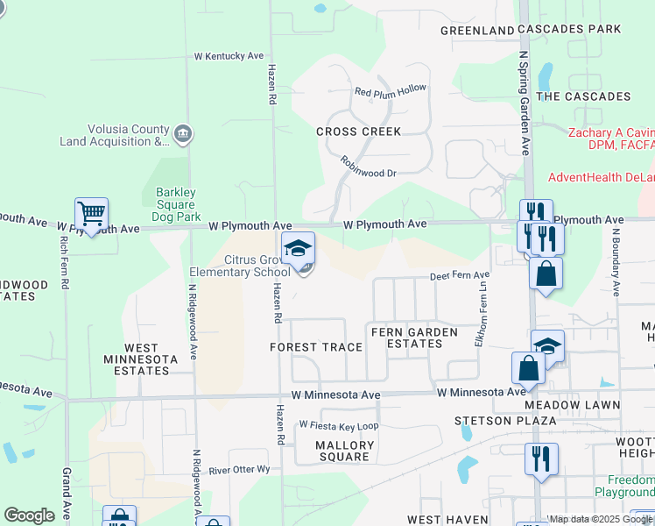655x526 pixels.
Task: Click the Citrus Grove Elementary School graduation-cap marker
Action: tap(299, 248)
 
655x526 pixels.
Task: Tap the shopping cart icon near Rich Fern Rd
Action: tap(91, 213)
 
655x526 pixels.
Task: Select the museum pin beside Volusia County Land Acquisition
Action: tap(184, 134)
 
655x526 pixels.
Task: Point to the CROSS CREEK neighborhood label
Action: tap(359, 131)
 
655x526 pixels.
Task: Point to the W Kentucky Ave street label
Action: tap(229, 56)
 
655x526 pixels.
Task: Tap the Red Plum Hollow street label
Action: tap(390, 90)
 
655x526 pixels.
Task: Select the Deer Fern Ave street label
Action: tap(460, 275)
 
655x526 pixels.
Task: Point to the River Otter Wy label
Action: tap(239, 470)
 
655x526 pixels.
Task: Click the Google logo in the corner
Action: tap(29, 515)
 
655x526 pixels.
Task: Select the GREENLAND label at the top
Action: tap(477, 30)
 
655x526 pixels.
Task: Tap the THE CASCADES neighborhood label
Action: tap(583, 96)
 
